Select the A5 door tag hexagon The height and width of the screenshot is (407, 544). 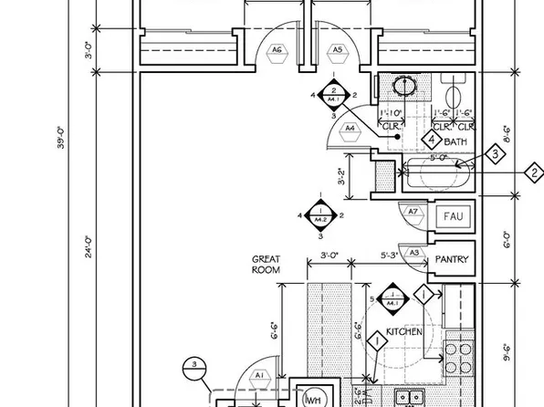[337, 50]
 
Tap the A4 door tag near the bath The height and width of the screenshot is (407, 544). [350, 129]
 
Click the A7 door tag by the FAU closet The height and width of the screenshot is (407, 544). [413, 213]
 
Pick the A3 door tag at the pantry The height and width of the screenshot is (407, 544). [413, 253]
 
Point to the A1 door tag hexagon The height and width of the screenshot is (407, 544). [258, 375]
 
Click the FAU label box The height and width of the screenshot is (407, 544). [452, 217]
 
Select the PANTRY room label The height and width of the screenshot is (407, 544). [451, 260]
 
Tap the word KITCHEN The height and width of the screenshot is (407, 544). [403, 332]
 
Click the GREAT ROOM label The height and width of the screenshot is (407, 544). [266, 265]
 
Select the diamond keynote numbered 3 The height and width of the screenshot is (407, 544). [495, 154]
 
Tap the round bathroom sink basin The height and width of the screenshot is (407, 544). [403, 87]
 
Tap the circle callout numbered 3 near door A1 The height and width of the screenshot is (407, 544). [193, 368]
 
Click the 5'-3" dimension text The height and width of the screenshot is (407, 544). [389, 256]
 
